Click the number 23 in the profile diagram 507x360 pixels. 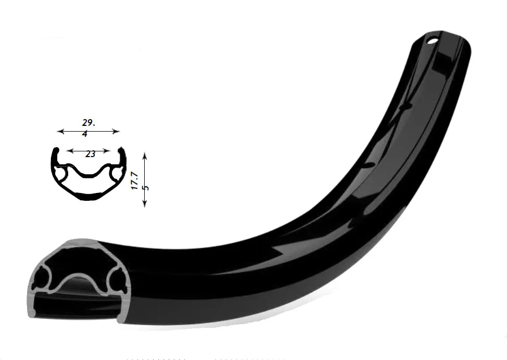click(90, 155)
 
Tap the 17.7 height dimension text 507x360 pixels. click(134, 181)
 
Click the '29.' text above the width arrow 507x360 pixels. click(88, 123)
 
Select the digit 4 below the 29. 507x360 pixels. click(85, 134)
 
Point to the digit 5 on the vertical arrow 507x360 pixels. click(146, 187)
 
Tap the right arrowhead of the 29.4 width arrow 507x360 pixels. click(117, 131)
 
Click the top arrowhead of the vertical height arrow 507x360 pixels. click(145, 156)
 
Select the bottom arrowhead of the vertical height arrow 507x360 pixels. click(145, 203)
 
